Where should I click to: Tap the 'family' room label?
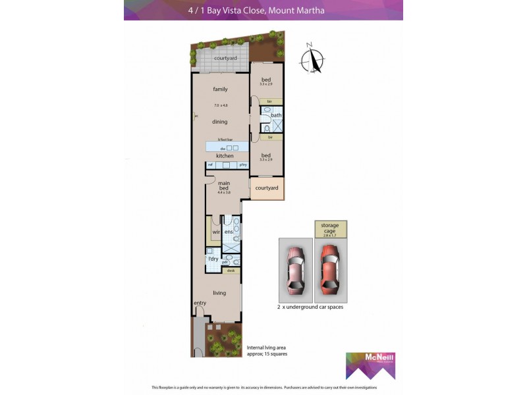220,89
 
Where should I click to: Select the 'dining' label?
220,122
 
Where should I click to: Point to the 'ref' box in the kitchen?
210,165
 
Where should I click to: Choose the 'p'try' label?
242,165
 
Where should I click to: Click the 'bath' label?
276,116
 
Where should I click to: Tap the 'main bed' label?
224,186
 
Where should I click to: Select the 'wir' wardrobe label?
215,232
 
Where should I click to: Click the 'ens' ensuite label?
229,232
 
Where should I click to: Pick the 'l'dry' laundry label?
213,259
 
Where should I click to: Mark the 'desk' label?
231,270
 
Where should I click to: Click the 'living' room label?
219,293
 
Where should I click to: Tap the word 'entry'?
200,303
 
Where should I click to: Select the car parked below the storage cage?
329,269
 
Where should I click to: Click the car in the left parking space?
294,269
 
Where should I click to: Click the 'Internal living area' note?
267,350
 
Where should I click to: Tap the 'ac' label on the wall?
196,117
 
